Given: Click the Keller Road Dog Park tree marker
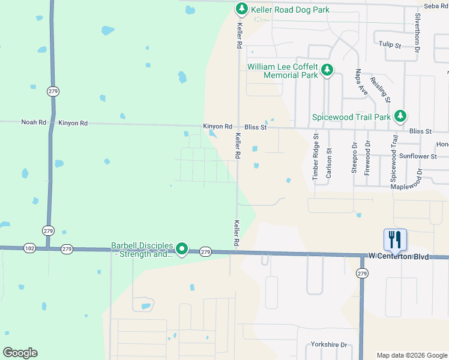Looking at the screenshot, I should (241, 8).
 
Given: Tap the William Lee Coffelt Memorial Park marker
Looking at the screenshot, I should (327, 71).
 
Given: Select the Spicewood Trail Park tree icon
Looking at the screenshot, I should (400, 116).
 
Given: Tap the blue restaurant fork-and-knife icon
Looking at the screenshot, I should (395, 240).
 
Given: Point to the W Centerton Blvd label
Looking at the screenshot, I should (400, 257).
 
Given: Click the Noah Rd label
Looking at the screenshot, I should (34, 122).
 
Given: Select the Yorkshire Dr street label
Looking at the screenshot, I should (329, 345).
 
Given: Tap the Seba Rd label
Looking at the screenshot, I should (436, 6).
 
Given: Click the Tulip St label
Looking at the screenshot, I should (390, 44).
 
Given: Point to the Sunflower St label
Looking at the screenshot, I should (418, 156).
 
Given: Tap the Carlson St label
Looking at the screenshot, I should (328, 163).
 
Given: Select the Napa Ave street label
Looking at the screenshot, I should (362, 82).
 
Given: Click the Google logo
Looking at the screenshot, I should (20, 353).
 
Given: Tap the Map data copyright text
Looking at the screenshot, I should (411, 355).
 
